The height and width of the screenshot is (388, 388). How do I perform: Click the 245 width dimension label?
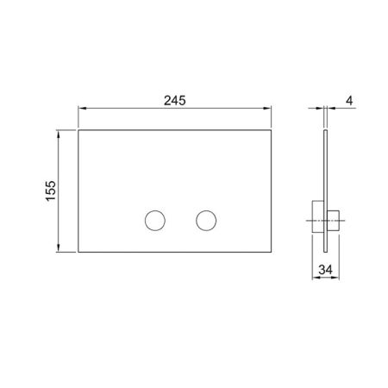tap(175, 101)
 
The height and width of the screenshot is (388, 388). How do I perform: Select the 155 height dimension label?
tap(51, 191)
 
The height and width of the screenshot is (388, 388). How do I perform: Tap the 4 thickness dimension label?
tap(349, 101)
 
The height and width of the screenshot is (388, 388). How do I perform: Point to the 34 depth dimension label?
tap(326, 270)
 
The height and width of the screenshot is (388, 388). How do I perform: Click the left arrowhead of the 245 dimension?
tap(82, 109)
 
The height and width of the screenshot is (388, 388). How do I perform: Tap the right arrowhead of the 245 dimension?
tap(267, 109)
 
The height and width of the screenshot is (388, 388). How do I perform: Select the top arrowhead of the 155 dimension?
tap(59, 135)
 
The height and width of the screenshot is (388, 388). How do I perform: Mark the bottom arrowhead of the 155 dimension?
tap(59, 248)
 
